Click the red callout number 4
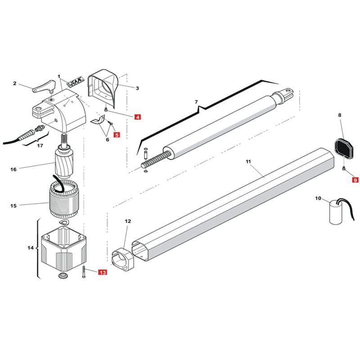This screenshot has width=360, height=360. click(x=137, y=117)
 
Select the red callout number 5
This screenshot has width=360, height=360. click(x=117, y=135)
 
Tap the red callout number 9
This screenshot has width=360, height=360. click(x=355, y=180)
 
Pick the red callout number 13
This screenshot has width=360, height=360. click(x=103, y=272)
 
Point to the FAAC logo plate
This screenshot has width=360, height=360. click(x=75, y=82)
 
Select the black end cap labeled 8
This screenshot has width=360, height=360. click(x=343, y=148)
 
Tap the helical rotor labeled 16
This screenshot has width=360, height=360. click(x=64, y=162)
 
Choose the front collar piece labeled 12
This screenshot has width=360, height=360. click(x=123, y=260)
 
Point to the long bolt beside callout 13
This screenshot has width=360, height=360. click(x=83, y=272)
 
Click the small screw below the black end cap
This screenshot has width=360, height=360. click(x=344, y=168)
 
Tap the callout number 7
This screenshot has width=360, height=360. click(x=196, y=102)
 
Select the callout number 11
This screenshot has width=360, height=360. click(x=248, y=162)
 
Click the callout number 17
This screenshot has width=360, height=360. click(x=40, y=145)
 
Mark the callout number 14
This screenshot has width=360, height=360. click(x=31, y=248)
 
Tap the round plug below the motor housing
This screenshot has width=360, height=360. click(x=63, y=275)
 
